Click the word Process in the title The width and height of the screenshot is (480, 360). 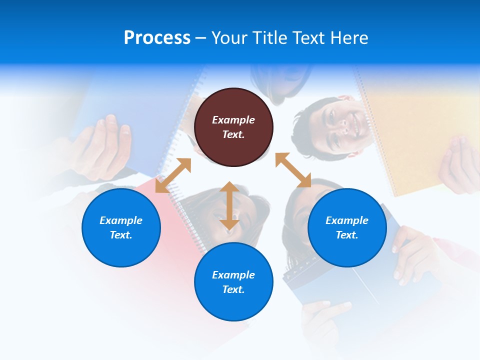157,38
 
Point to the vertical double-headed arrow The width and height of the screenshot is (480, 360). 229,205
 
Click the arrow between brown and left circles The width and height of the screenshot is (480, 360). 173,175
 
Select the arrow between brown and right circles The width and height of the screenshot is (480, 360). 293,170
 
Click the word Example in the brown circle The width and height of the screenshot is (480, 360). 233,120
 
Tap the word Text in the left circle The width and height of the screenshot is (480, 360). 121,235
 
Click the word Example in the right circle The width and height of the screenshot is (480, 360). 347,220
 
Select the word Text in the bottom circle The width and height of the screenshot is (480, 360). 233,289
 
